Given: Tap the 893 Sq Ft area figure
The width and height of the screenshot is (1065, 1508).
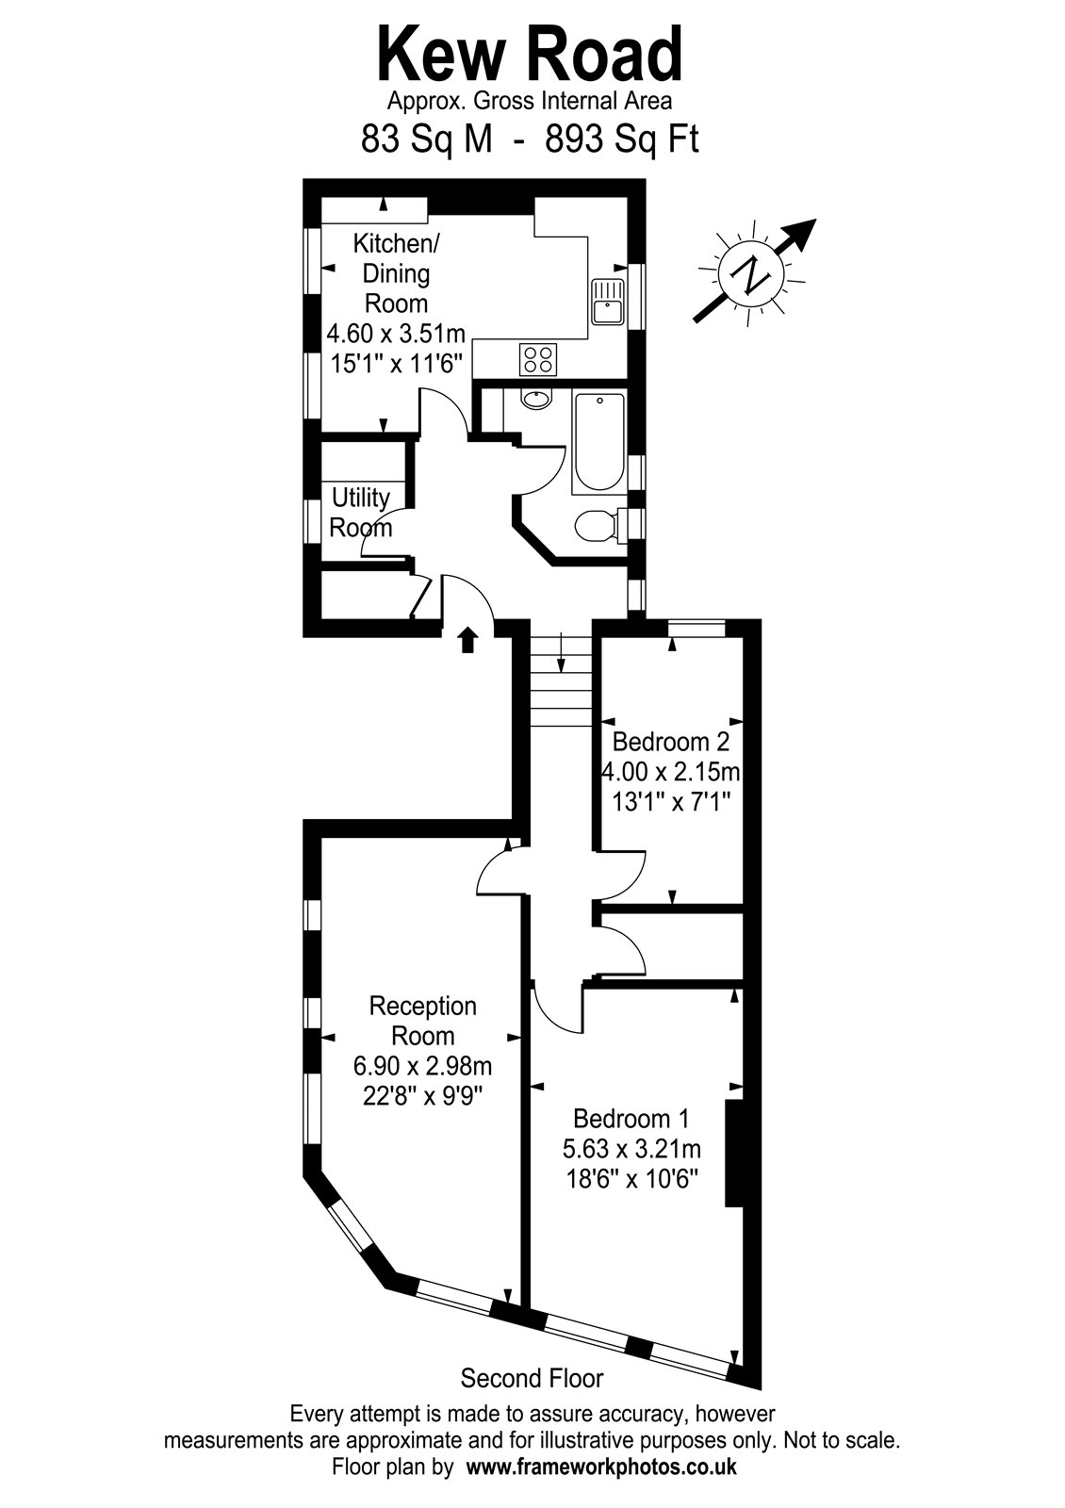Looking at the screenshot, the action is pyautogui.click(x=621, y=140).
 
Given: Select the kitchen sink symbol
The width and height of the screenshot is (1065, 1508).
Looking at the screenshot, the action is pyautogui.click(x=608, y=302).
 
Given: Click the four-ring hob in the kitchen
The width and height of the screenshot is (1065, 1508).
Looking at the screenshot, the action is pyautogui.click(x=538, y=359).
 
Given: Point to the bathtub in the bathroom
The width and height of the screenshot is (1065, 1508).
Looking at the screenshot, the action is pyautogui.click(x=598, y=443).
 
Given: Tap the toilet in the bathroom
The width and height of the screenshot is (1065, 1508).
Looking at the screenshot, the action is pyautogui.click(x=600, y=526).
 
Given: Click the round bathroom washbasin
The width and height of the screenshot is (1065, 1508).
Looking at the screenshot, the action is pyautogui.click(x=536, y=400).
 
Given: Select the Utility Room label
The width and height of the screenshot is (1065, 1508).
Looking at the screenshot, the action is pyautogui.click(x=361, y=513).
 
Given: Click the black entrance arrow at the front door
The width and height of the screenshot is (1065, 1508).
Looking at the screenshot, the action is pyautogui.click(x=467, y=640).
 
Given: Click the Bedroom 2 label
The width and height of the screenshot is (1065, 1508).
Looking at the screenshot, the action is pyautogui.click(x=670, y=742).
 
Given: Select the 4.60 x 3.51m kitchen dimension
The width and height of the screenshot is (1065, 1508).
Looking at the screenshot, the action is pyautogui.click(x=396, y=334).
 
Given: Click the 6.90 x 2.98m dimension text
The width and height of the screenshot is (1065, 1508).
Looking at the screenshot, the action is pyautogui.click(x=423, y=1066).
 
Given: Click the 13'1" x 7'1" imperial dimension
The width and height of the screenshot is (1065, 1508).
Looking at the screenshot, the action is pyautogui.click(x=671, y=802).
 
